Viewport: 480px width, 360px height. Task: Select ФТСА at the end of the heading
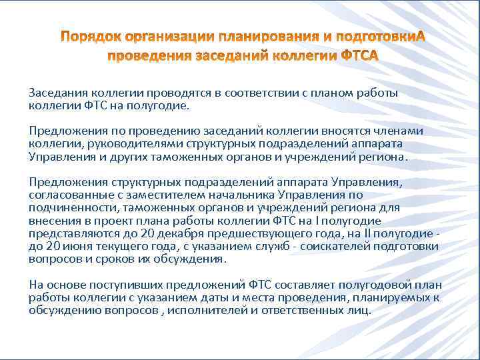pyautogui.click(x=359, y=55)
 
